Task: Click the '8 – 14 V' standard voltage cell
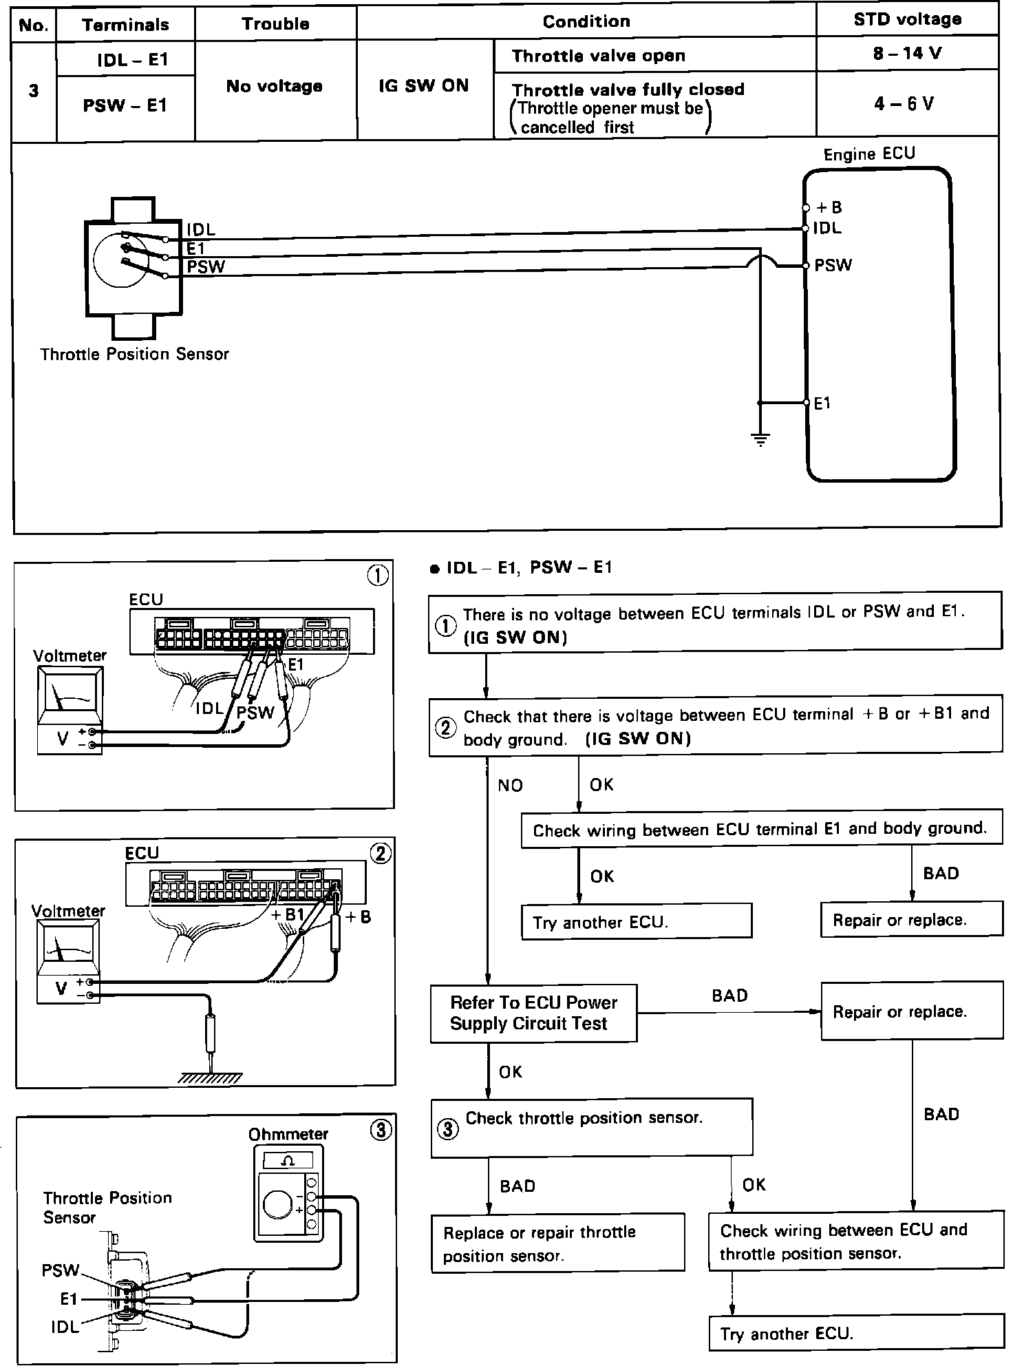(907, 54)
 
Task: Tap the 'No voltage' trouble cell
(275, 87)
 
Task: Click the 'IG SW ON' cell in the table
(424, 86)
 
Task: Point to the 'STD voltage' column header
(907, 19)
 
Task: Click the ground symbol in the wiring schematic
(760, 439)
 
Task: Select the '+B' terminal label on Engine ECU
(829, 208)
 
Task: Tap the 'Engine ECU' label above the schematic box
(869, 154)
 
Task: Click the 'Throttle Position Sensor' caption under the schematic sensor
(134, 355)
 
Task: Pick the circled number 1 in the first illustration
(378, 575)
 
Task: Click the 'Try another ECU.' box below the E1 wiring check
(637, 922)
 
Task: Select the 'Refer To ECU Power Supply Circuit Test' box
(533, 1013)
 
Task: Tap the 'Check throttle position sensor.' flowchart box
(591, 1127)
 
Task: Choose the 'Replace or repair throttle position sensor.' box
(557, 1242)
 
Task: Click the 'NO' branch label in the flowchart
(510, 786)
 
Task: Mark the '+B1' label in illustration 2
(288, 915)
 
